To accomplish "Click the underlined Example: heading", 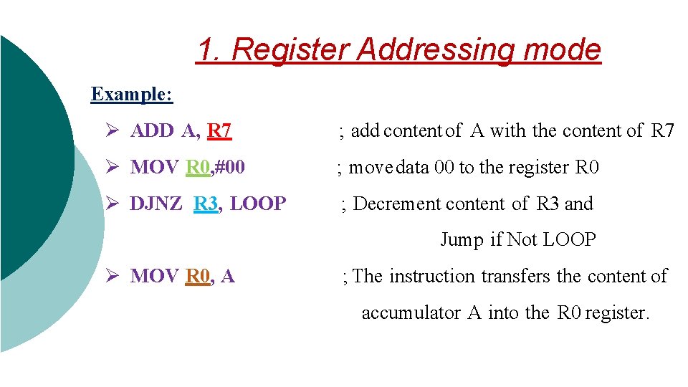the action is [132, 94].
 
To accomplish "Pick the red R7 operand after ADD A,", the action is [219, 130].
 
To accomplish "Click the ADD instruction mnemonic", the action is [152, 130].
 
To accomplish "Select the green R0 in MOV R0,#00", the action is [198, 167].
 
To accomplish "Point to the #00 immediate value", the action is [230, 167].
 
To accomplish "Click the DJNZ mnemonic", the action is [157, 204].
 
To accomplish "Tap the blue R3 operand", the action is [206, 204].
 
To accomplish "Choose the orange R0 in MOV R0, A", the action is [198, 276].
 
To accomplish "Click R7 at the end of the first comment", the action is [662, 130].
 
